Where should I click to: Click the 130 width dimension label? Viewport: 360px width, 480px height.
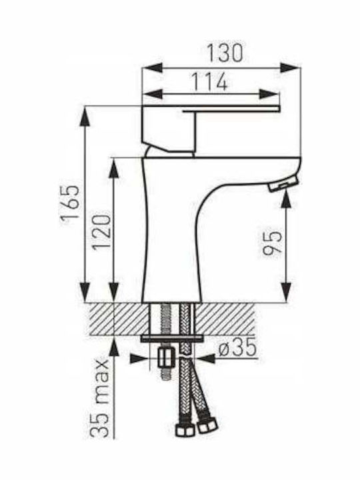pyautogui.click(x=225, y=53)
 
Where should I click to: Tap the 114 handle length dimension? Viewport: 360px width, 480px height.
pyautogui.click(x=210, y=81)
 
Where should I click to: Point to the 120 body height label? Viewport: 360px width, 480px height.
pyautogui.click(x=101, y=232)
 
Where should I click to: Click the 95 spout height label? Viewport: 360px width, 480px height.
pyautogui.click(x=272, y=243)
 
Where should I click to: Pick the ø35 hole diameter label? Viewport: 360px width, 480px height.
pyautogui.click(x=237, y=349)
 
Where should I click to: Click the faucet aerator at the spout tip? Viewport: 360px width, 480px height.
pyautogui.click(x=283, y=183)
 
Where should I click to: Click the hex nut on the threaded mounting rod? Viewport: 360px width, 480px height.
pyautogui.click(x=166, y=358)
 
